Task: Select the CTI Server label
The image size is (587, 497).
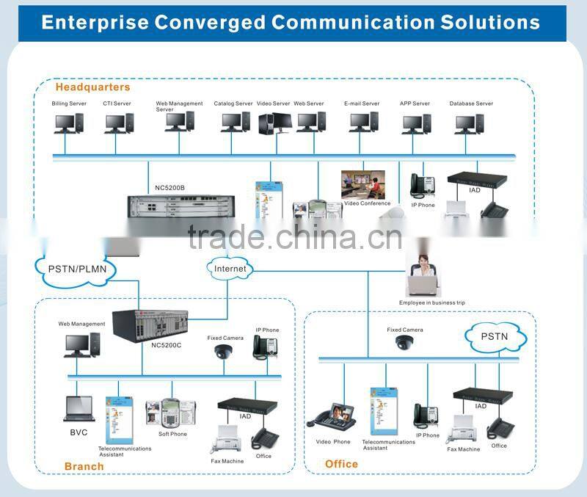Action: click(117, 104)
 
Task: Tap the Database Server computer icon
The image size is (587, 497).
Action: click(469, 123)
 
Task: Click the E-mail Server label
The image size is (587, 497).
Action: click(362, 104)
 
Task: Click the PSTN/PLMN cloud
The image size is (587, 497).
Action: click(71, 268)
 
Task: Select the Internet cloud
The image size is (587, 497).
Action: click(230, 269)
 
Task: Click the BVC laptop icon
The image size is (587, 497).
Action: click(79, 409)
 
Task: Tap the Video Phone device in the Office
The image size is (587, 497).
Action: click(332, 416)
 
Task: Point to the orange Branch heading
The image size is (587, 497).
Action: click(84, 466)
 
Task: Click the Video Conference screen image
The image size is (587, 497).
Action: click(363, 185)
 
